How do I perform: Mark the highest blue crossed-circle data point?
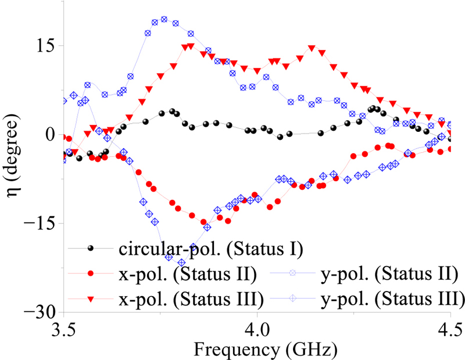click(164, 19)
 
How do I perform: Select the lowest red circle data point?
click(204, 222)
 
